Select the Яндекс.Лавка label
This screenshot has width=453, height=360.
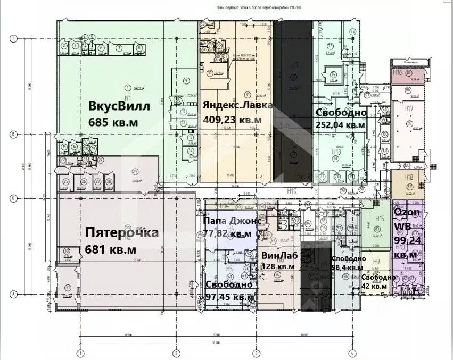pos(237,105)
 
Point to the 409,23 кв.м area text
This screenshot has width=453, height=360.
pos(232,120)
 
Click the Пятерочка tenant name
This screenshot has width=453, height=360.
pos(122,233)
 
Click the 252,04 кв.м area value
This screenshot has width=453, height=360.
pos(340,125)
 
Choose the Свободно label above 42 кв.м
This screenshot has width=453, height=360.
pos(378,277)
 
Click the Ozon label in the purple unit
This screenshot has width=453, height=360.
pos(407,212)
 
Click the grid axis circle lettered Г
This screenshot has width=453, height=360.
pos(14,38)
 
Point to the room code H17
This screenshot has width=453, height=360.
pos(408,108)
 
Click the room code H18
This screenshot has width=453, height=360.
pos(408,177)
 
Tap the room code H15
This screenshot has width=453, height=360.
pos(380,219)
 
